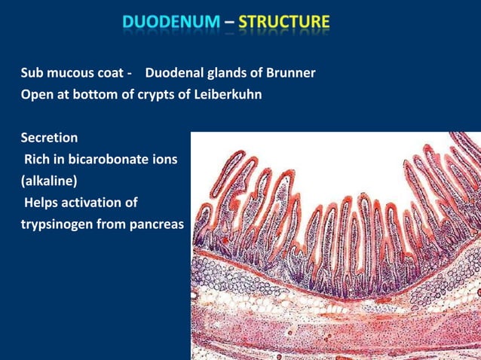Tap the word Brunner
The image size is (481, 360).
click(290, 74)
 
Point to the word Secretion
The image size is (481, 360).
click(49, 139)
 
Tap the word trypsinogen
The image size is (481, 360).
click(60, 224)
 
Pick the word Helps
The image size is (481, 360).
click(42, 203)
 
